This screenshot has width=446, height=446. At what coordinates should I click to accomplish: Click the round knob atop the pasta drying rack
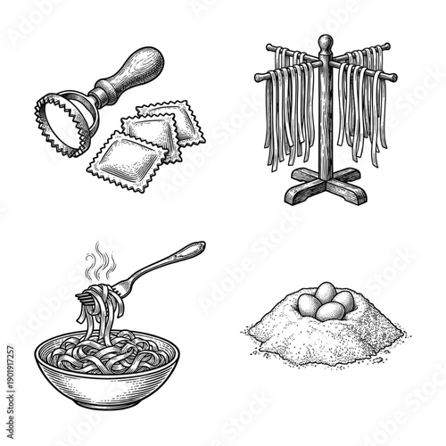[x=326, y=42]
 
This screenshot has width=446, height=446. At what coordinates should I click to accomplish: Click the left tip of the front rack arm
[x=259, y=77]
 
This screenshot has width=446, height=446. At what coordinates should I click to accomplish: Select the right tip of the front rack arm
[x=393, y=77]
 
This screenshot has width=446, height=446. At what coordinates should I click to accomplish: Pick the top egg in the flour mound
[x=326, y=289]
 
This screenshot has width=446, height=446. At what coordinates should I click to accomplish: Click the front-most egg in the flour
[x=331, y=310]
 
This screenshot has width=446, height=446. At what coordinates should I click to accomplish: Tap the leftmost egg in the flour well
[x=308, y=304]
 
